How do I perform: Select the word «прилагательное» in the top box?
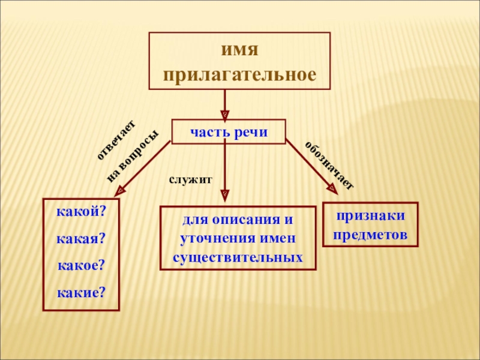point(239,75)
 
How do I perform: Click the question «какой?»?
point(81,212)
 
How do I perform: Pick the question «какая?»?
point(81,239)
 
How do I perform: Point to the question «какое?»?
point(81,265)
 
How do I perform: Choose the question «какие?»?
point(81,292)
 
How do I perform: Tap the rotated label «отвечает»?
point(117,140)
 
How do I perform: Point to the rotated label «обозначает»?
point(329,165)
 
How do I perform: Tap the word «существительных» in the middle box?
point(237,257)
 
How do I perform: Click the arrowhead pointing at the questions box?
point(119,190)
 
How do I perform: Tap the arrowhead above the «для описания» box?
point(225,194)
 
